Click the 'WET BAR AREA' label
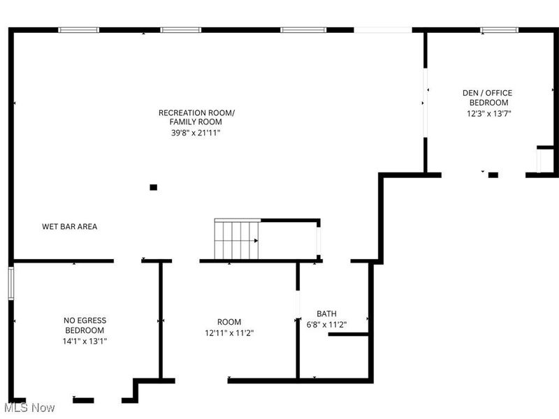point(69,226)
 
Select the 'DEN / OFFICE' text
point(488,93)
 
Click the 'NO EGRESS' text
point(85,321)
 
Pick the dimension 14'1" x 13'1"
point(85,341)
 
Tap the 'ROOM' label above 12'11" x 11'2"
point(228,323)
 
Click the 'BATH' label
point(326,314)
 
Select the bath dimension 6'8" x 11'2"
point(326,325)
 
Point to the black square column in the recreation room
point(154,187)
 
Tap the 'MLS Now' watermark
point(29,407)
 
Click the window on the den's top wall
point(499,30)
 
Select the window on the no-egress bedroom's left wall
point(10,283)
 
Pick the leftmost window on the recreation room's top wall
point(78,30)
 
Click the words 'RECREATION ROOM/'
point(196,112)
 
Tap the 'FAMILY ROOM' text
point(198,122)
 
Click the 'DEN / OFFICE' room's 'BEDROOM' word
point(488,103)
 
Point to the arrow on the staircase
point(256,240)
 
